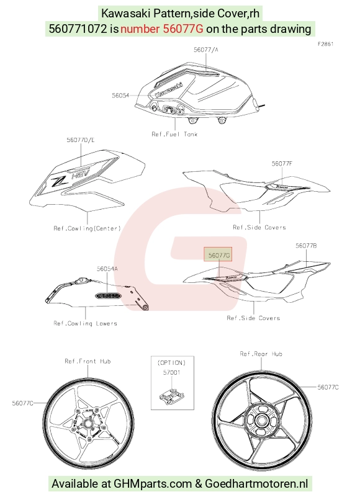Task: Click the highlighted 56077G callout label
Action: (219, 255)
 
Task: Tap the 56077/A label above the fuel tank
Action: (206, 50)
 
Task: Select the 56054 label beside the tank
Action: (120, 96)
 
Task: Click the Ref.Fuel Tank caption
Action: (174, 134)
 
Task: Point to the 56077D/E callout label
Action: (81, 140)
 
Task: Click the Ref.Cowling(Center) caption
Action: (88, 228)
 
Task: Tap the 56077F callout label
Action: (282, 164)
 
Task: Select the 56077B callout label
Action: (306, 246)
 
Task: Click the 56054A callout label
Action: (107, 269)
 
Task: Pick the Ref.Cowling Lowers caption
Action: (85, 323)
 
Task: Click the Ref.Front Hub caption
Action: (88, 361)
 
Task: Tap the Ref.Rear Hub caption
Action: (261, 354)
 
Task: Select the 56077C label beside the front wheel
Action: (22, 403)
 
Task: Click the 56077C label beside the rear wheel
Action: (328, 387)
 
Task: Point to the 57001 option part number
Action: (171, 373)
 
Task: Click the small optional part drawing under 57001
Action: (171, 396)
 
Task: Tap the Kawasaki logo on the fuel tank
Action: (169, 89)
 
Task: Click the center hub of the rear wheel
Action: (261, 421)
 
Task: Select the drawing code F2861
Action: (325, 44)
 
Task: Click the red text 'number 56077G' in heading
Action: (162, 29)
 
